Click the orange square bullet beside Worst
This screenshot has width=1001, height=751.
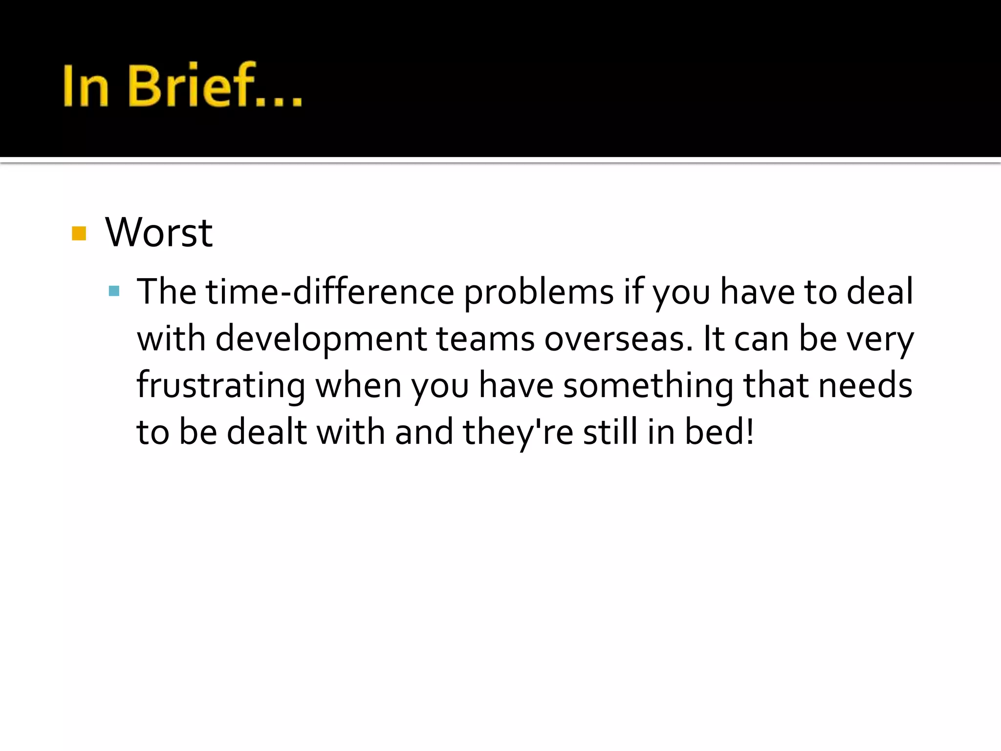79,233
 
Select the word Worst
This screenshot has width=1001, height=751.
159,232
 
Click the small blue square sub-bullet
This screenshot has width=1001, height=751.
114,292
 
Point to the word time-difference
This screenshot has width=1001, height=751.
330,292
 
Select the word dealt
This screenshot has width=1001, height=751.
267,432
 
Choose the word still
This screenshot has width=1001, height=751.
610,432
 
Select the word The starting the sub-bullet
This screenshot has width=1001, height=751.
166,292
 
